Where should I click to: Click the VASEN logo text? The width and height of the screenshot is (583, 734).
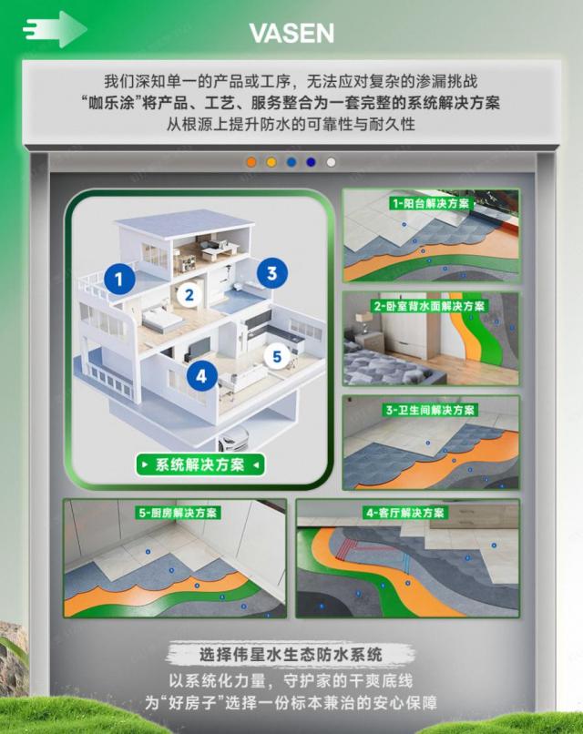291,33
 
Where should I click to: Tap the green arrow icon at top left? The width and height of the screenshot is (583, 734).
55,29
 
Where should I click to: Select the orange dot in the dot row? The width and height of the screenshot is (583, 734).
251,162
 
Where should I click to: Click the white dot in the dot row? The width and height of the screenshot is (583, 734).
331,162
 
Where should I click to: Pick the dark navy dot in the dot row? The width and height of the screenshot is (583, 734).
311,162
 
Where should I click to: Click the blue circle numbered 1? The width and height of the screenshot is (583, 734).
119,279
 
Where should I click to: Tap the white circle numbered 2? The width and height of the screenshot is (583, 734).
189,295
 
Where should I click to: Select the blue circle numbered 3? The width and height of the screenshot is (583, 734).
272,273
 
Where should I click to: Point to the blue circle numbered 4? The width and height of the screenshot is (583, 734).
202,376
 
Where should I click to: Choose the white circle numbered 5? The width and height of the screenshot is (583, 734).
277,357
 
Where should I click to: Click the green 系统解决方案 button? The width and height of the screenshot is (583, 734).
200,464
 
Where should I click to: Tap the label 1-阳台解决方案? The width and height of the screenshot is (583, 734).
430,204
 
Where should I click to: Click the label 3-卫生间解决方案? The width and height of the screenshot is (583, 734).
430,411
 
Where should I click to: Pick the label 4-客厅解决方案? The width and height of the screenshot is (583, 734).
405,513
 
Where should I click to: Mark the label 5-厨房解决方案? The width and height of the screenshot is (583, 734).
178,513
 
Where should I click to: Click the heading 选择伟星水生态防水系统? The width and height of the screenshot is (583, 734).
291,654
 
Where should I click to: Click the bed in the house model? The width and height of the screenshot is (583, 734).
161,319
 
